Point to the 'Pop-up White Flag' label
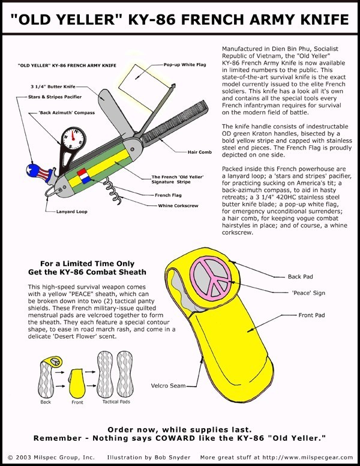point(182,64)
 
